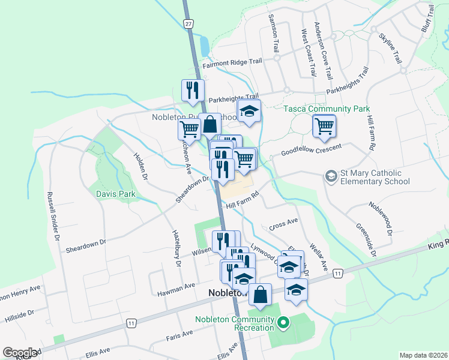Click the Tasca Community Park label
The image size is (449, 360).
tap(327, 109)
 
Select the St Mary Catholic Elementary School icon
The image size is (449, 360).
tap(330, 176)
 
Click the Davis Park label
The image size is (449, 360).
tap(116, 194)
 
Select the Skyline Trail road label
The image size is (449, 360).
tap(390, 48)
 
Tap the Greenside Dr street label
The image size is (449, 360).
tap(366, 241)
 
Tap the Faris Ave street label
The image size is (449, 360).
tap(180, 334)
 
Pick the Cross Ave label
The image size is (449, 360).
tap(284, 224)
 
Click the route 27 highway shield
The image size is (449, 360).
tap(188, 23)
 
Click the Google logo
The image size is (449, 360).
tap(20, 353)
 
